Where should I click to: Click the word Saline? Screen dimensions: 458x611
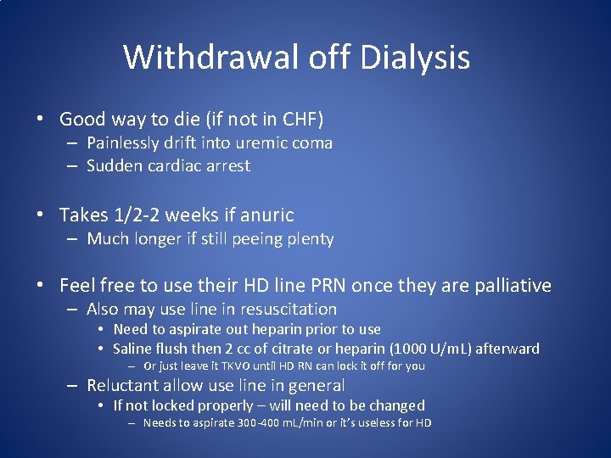(x=135, y=349)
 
